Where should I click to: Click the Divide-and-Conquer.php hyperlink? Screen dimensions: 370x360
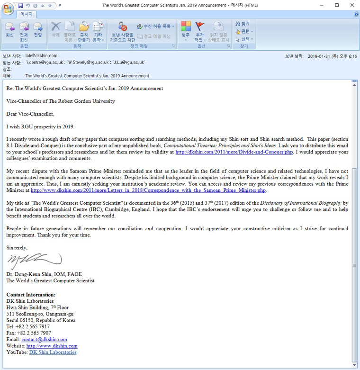(x=234, y=152)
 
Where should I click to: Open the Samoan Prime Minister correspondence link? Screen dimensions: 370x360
(x=148, y=190)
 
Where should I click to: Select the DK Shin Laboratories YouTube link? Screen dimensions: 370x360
(x=53, y=352)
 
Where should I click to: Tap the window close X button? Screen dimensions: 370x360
(x=350, y=5)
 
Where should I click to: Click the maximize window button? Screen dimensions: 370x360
(x=337, y=5)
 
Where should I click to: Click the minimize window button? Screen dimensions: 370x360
(x=324, y=5)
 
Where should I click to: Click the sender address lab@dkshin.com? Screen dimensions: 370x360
(x=41, y=56)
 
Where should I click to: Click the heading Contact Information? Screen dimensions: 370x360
(x=30, y=295)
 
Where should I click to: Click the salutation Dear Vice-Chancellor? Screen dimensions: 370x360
(x=30, y=114)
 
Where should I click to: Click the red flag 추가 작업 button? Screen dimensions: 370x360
(x=199, y=31)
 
